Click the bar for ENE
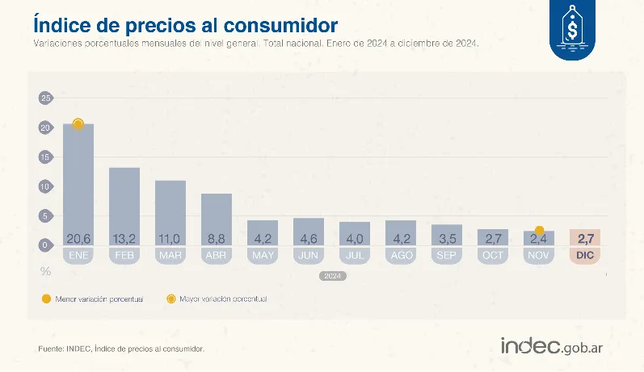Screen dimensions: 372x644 click(78, 186)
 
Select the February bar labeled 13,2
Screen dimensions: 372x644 click(124, 207)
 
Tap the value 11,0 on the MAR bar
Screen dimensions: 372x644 click(170, 239)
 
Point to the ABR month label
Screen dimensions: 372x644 click(217, 255)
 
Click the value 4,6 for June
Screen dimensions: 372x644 click(309, 239)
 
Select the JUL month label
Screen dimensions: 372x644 click(355, 255)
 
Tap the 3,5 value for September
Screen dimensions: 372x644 click(447, 239)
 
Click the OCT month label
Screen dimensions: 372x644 click(493, 255)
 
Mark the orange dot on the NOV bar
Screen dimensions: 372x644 click(540, 231)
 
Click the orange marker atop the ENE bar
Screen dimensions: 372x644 click(78, 123)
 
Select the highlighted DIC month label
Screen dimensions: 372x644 click(586, 255)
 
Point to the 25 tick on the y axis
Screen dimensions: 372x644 click(45, 98)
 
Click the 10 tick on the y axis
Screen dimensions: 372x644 click(45, 186)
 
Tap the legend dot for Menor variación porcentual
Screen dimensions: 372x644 click(45, 299)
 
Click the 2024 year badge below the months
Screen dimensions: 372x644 click(332, 275)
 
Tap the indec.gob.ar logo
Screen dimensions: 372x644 click(552, 346)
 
